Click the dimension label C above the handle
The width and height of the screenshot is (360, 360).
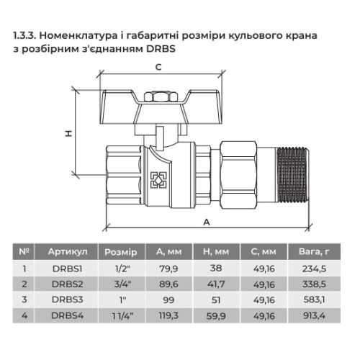point(158,68)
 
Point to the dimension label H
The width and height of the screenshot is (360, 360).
point(68,133)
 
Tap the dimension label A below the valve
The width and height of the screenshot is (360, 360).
point(207,222)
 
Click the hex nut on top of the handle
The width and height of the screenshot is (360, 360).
point(161,96)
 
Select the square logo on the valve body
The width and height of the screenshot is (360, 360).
point(158,180)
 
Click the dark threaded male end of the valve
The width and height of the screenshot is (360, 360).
point(292,175)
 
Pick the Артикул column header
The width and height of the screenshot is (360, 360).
point(68,252)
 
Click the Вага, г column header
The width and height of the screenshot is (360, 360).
point(314,251)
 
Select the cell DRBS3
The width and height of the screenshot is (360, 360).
point(68,300)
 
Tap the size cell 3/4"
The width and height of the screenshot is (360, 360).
point(123,284)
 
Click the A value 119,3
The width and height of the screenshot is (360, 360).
point(168,315)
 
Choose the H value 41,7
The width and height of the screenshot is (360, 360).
point(216,284)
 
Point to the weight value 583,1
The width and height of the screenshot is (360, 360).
point(314,300)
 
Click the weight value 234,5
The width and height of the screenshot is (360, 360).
point(314,269)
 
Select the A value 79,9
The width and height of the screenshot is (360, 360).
point(168,269)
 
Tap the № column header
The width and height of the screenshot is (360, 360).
point(24,251)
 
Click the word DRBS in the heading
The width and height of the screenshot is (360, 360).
point(161,49)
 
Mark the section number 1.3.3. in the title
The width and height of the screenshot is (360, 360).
point(24,36)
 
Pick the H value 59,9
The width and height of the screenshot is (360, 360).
point(216,316)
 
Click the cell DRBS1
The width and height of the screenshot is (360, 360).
point(68,269)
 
